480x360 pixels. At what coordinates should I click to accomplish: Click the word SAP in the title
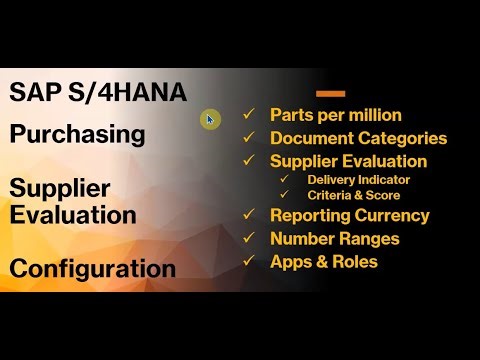(34, 92)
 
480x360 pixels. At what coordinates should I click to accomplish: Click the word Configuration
(92, 268)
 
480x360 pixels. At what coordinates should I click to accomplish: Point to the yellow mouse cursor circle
(209, 119)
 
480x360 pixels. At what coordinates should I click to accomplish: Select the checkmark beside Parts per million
(249, 115)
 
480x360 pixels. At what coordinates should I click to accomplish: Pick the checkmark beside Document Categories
(249, 138)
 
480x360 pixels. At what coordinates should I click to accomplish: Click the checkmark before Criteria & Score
(285, 194)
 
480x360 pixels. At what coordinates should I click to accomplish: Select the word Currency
(393, 215)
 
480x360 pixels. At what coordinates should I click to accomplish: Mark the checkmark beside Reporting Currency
(249, 215)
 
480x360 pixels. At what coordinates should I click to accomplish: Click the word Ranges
(370, 239)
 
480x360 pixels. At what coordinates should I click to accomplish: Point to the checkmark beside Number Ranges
(249, 239)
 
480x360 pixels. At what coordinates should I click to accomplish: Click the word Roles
(357, 262)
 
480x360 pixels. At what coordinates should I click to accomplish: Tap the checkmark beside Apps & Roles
(249, 262)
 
